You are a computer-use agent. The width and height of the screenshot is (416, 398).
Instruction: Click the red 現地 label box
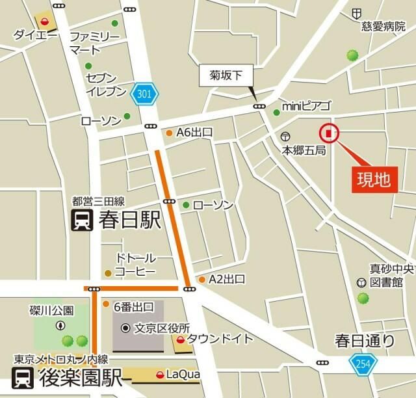(375, 179)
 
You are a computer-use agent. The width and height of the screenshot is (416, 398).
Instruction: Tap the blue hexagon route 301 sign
(144, 95)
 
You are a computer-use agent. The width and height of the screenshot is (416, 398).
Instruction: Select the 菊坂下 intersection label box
(225, 76)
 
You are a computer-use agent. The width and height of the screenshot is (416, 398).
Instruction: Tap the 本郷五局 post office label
(303, 150)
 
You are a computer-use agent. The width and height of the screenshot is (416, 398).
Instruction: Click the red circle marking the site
(329, 134)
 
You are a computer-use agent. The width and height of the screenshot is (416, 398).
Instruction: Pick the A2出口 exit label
(226, 280)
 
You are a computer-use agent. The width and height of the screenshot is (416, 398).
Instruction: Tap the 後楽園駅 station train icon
(24, 378)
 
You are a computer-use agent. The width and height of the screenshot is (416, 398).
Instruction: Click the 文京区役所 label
(161, 328)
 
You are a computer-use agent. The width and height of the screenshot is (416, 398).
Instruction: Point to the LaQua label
(182, 374)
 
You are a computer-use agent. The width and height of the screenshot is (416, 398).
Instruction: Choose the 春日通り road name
(364, 339)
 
